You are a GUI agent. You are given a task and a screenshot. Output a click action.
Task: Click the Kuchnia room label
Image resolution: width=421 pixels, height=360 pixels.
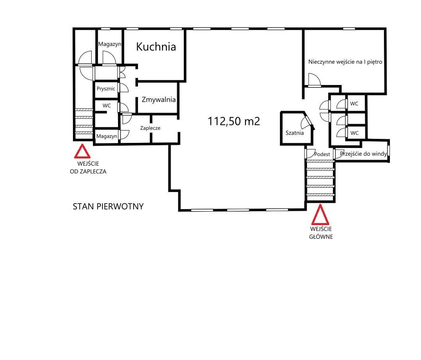coord(156,47)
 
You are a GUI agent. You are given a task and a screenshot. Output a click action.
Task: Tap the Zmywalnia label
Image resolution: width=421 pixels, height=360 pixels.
coord(159,99)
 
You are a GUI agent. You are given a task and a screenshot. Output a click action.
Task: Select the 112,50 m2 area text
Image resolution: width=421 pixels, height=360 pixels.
coord(234,121)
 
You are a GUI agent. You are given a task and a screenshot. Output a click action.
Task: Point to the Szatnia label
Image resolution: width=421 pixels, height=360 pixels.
coord(295,133)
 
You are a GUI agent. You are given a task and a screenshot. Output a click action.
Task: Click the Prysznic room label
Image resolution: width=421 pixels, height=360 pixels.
coord(106,89)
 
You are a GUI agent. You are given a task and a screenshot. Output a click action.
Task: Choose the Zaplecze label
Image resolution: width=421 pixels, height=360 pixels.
coord(150,128)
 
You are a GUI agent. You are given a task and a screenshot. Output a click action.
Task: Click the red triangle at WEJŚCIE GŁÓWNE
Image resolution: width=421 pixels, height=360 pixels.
coord(320,215)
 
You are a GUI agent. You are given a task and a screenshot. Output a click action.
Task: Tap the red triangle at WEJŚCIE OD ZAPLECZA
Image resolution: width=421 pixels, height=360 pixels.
coord(82,151)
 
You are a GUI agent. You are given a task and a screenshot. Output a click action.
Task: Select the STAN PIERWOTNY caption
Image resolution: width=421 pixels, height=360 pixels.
coord(108,206)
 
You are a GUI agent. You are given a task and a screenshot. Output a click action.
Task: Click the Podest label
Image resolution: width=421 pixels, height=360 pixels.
coord(322,154)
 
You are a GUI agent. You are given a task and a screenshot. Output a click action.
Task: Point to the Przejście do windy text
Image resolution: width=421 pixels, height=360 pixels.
coord(363,154)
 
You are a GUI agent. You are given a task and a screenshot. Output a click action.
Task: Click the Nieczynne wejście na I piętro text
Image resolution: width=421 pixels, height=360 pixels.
coord(345,62)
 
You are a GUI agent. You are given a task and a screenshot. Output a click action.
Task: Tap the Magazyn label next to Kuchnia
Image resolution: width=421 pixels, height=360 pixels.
coord(110,44)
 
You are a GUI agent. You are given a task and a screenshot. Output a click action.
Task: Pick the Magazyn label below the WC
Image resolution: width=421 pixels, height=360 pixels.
coord(107,136)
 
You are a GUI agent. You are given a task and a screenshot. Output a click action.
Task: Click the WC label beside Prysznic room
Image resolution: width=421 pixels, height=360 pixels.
coord(106,106)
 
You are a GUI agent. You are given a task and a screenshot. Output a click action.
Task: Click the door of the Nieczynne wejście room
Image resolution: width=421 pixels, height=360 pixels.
coord(315,80)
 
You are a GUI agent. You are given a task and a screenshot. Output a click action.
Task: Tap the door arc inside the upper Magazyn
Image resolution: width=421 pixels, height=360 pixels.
coord(109,58)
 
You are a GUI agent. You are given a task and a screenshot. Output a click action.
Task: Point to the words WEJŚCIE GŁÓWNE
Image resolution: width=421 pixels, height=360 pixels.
coord(321,233)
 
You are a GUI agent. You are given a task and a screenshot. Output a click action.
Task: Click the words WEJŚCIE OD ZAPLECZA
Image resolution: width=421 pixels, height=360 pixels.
coord(88,168)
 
